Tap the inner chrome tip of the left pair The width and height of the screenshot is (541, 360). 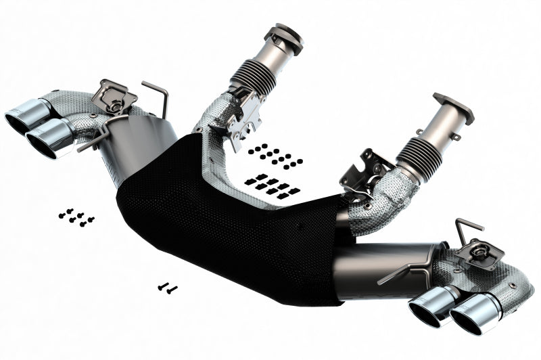tap(49, 139)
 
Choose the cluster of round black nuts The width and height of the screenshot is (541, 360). tap(275, 156)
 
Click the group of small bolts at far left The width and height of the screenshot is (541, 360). tap(76, 217)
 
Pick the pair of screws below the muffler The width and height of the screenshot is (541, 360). tap(167, 288)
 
